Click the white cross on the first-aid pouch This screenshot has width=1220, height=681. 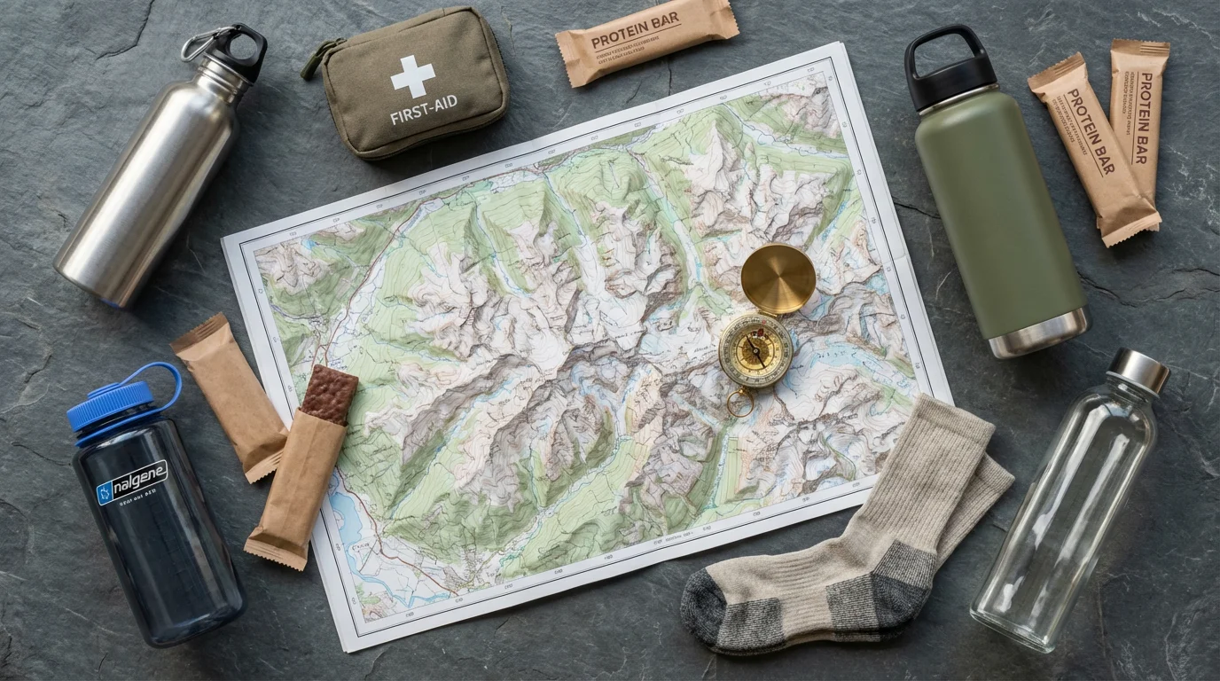click(412, 76)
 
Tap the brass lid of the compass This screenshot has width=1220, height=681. click(778, 278)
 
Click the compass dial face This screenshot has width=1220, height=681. click(755, 350)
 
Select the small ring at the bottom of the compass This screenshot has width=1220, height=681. click(739, 404)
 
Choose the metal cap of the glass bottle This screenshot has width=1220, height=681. click(1138, 371)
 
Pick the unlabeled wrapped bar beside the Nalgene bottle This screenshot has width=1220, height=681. click(230, 395)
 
